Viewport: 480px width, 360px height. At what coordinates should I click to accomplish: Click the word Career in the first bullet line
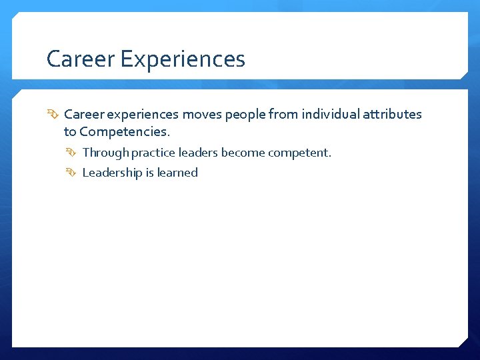[x=83, y=114]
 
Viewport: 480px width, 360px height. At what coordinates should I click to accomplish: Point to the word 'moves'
[x=202, y=114]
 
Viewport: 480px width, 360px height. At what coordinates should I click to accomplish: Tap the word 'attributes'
[x=392, y=114]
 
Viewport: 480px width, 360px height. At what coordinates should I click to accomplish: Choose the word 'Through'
[x=106, y=153]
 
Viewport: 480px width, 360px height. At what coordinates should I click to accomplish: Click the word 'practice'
[x=153, y=153]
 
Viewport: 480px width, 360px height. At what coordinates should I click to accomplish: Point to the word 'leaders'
[x=198, y=153]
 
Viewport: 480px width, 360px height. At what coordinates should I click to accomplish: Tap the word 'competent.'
[x=299, y=153]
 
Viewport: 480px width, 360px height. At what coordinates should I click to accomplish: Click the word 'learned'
[x=178, y=173]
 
